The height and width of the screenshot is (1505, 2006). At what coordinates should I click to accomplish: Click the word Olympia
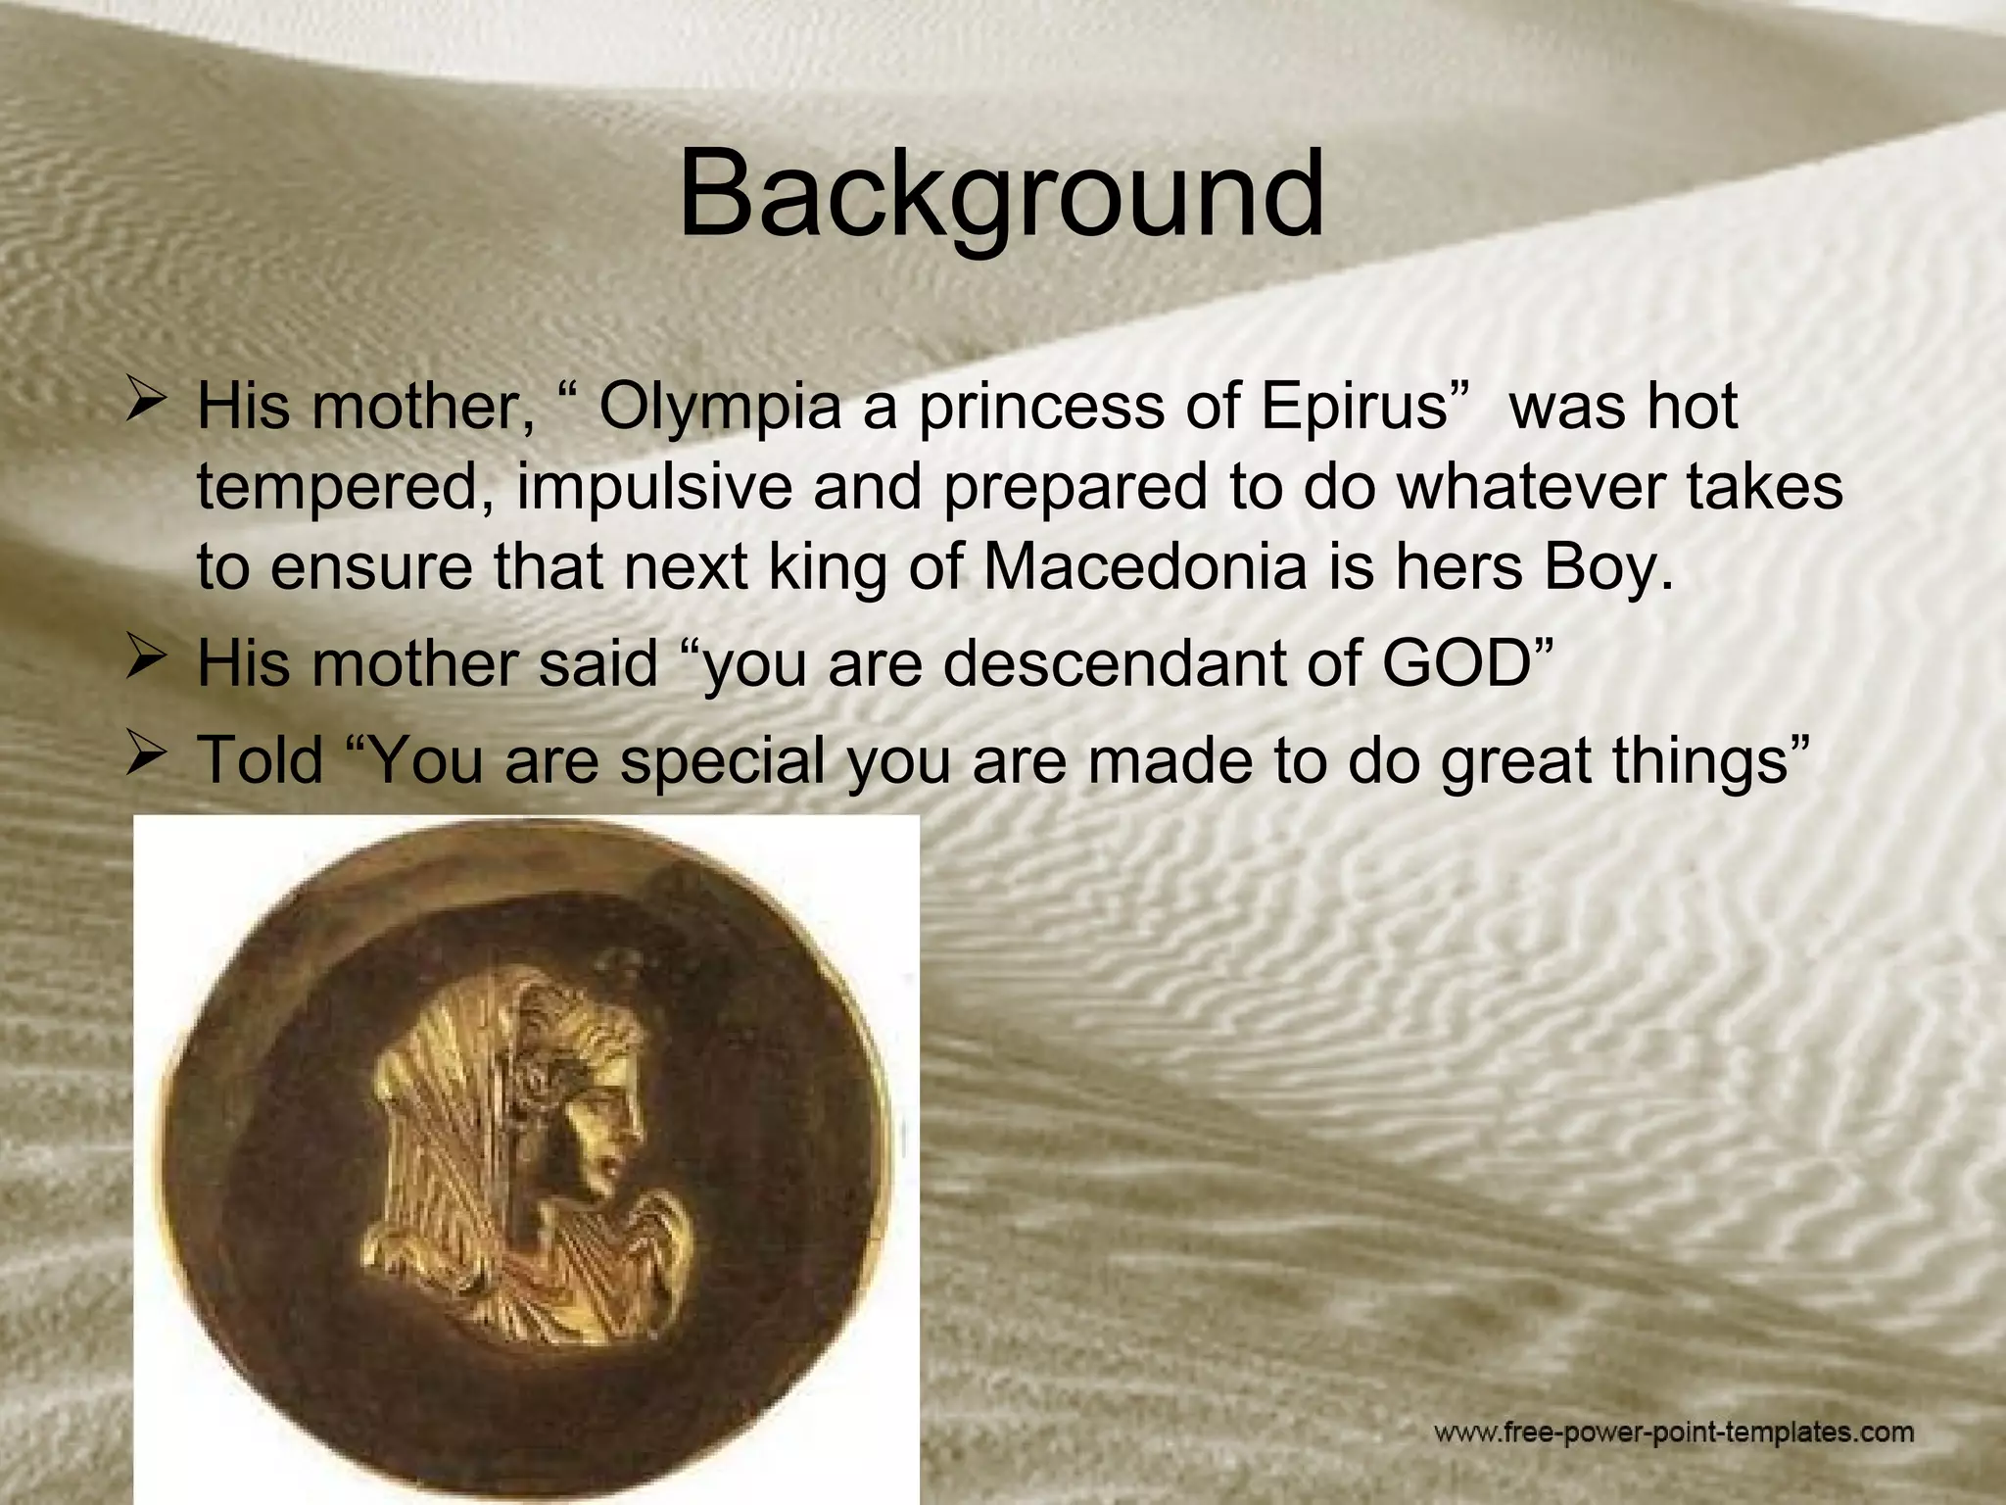tap(720, 407)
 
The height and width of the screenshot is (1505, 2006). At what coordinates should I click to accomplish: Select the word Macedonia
tap(1144, 567)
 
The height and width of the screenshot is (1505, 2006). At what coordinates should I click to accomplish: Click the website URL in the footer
tap(1674, 1432)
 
